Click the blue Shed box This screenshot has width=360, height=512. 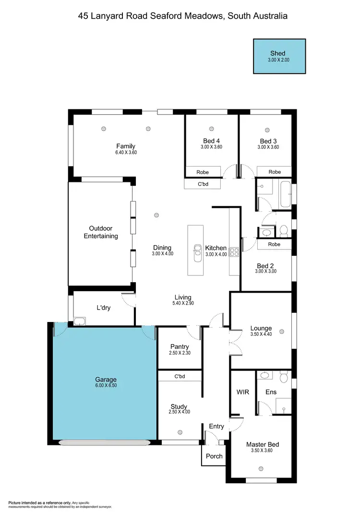click(279, 56)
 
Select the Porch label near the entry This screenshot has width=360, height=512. click(214, 456)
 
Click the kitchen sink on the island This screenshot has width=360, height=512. click(197, 251)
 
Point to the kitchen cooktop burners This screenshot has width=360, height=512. click(234, 251)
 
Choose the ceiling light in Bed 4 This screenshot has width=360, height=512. click(212, 129)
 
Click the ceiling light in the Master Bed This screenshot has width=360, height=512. click(262, 468)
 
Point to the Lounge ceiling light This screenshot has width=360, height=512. click(282, 331)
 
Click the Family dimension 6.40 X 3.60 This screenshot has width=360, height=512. click(126, 153)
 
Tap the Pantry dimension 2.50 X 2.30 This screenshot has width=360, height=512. click(180, 353)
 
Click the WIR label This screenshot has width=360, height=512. click(243, 392)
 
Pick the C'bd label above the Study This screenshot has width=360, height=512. click(180, 377)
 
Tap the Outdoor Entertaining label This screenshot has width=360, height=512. click(101, 232)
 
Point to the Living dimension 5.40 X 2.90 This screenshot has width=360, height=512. click(183, 303)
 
